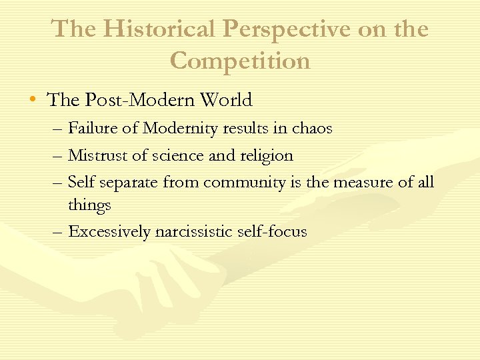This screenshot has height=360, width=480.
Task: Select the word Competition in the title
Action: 240,61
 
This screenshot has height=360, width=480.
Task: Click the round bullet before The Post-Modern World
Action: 33,101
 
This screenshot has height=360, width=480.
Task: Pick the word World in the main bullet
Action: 223,101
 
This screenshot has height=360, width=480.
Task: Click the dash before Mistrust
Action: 55,156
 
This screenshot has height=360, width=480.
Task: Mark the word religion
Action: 265,156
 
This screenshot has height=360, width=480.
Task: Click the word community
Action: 245,182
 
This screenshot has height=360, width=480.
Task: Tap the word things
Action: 89,206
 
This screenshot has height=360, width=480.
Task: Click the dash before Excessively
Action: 55,232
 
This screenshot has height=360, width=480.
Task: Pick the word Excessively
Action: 109,232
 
